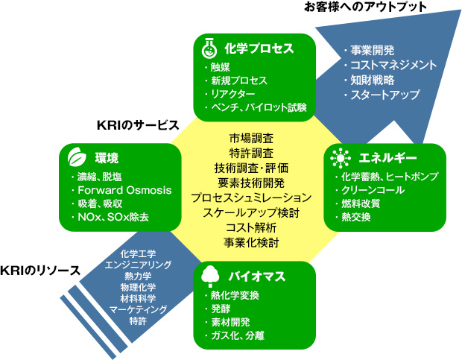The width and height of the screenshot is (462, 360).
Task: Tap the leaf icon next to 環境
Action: pyautogui.click(x=76, y=159)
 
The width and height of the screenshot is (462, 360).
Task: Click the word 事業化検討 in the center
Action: pyautogui.click(x=251, y=242)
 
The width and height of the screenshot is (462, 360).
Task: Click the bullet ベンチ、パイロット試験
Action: pyautogui.click(x=257, y=107)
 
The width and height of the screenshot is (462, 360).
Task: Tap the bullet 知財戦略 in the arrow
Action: pyautogui.click(x=369, y=80)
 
